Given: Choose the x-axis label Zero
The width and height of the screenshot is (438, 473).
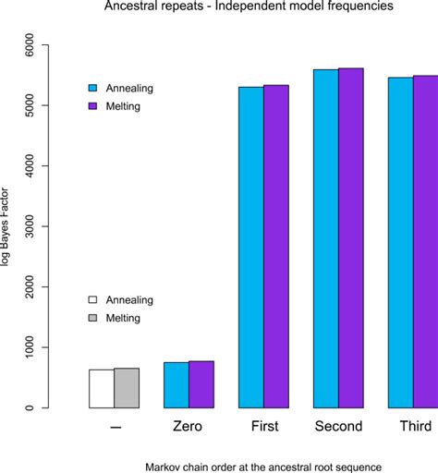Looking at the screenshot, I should [188, 428].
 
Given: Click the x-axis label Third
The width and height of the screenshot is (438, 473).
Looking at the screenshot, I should [413, 428].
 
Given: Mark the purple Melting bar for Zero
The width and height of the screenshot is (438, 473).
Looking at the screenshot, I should [201, 384].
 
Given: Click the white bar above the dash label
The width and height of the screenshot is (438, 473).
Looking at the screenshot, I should [102, 389].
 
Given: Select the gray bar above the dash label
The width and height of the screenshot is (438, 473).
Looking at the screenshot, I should [127, 388].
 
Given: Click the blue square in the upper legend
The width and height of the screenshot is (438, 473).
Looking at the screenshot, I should [92, 89].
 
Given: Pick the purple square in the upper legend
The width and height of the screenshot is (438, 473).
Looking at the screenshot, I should [92, 106].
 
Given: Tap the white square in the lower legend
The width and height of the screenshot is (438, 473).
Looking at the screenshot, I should [92, 300].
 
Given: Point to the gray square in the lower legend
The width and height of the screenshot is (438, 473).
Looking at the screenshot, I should [92, 318].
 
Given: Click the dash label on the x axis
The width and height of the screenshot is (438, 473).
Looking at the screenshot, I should [114, 428].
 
